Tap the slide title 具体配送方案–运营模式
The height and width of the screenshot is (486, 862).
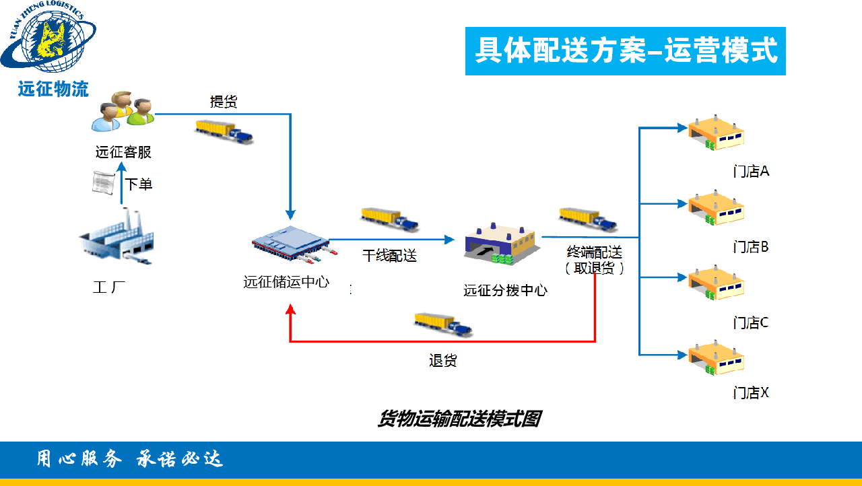pos(626,51)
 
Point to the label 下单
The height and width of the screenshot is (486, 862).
pos(139,184)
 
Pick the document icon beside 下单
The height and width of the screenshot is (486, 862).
pos(103,184)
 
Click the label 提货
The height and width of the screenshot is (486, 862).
pos(224,102)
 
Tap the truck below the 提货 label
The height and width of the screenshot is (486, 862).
pos(224,131)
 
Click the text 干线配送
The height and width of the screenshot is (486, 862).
pos(389,256)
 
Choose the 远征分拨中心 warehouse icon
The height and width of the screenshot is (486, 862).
pos(500,245)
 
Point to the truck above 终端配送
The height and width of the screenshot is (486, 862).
pos(589,219)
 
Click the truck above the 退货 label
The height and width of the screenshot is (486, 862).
pos(443,324)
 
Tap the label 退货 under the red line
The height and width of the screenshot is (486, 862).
pos(442,361)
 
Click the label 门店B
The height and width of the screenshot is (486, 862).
pos(751,247)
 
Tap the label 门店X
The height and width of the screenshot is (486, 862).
pos(751,392)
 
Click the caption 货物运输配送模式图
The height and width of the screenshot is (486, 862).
pos(459,419)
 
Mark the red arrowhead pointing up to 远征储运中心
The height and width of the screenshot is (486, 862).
pos(290,310)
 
